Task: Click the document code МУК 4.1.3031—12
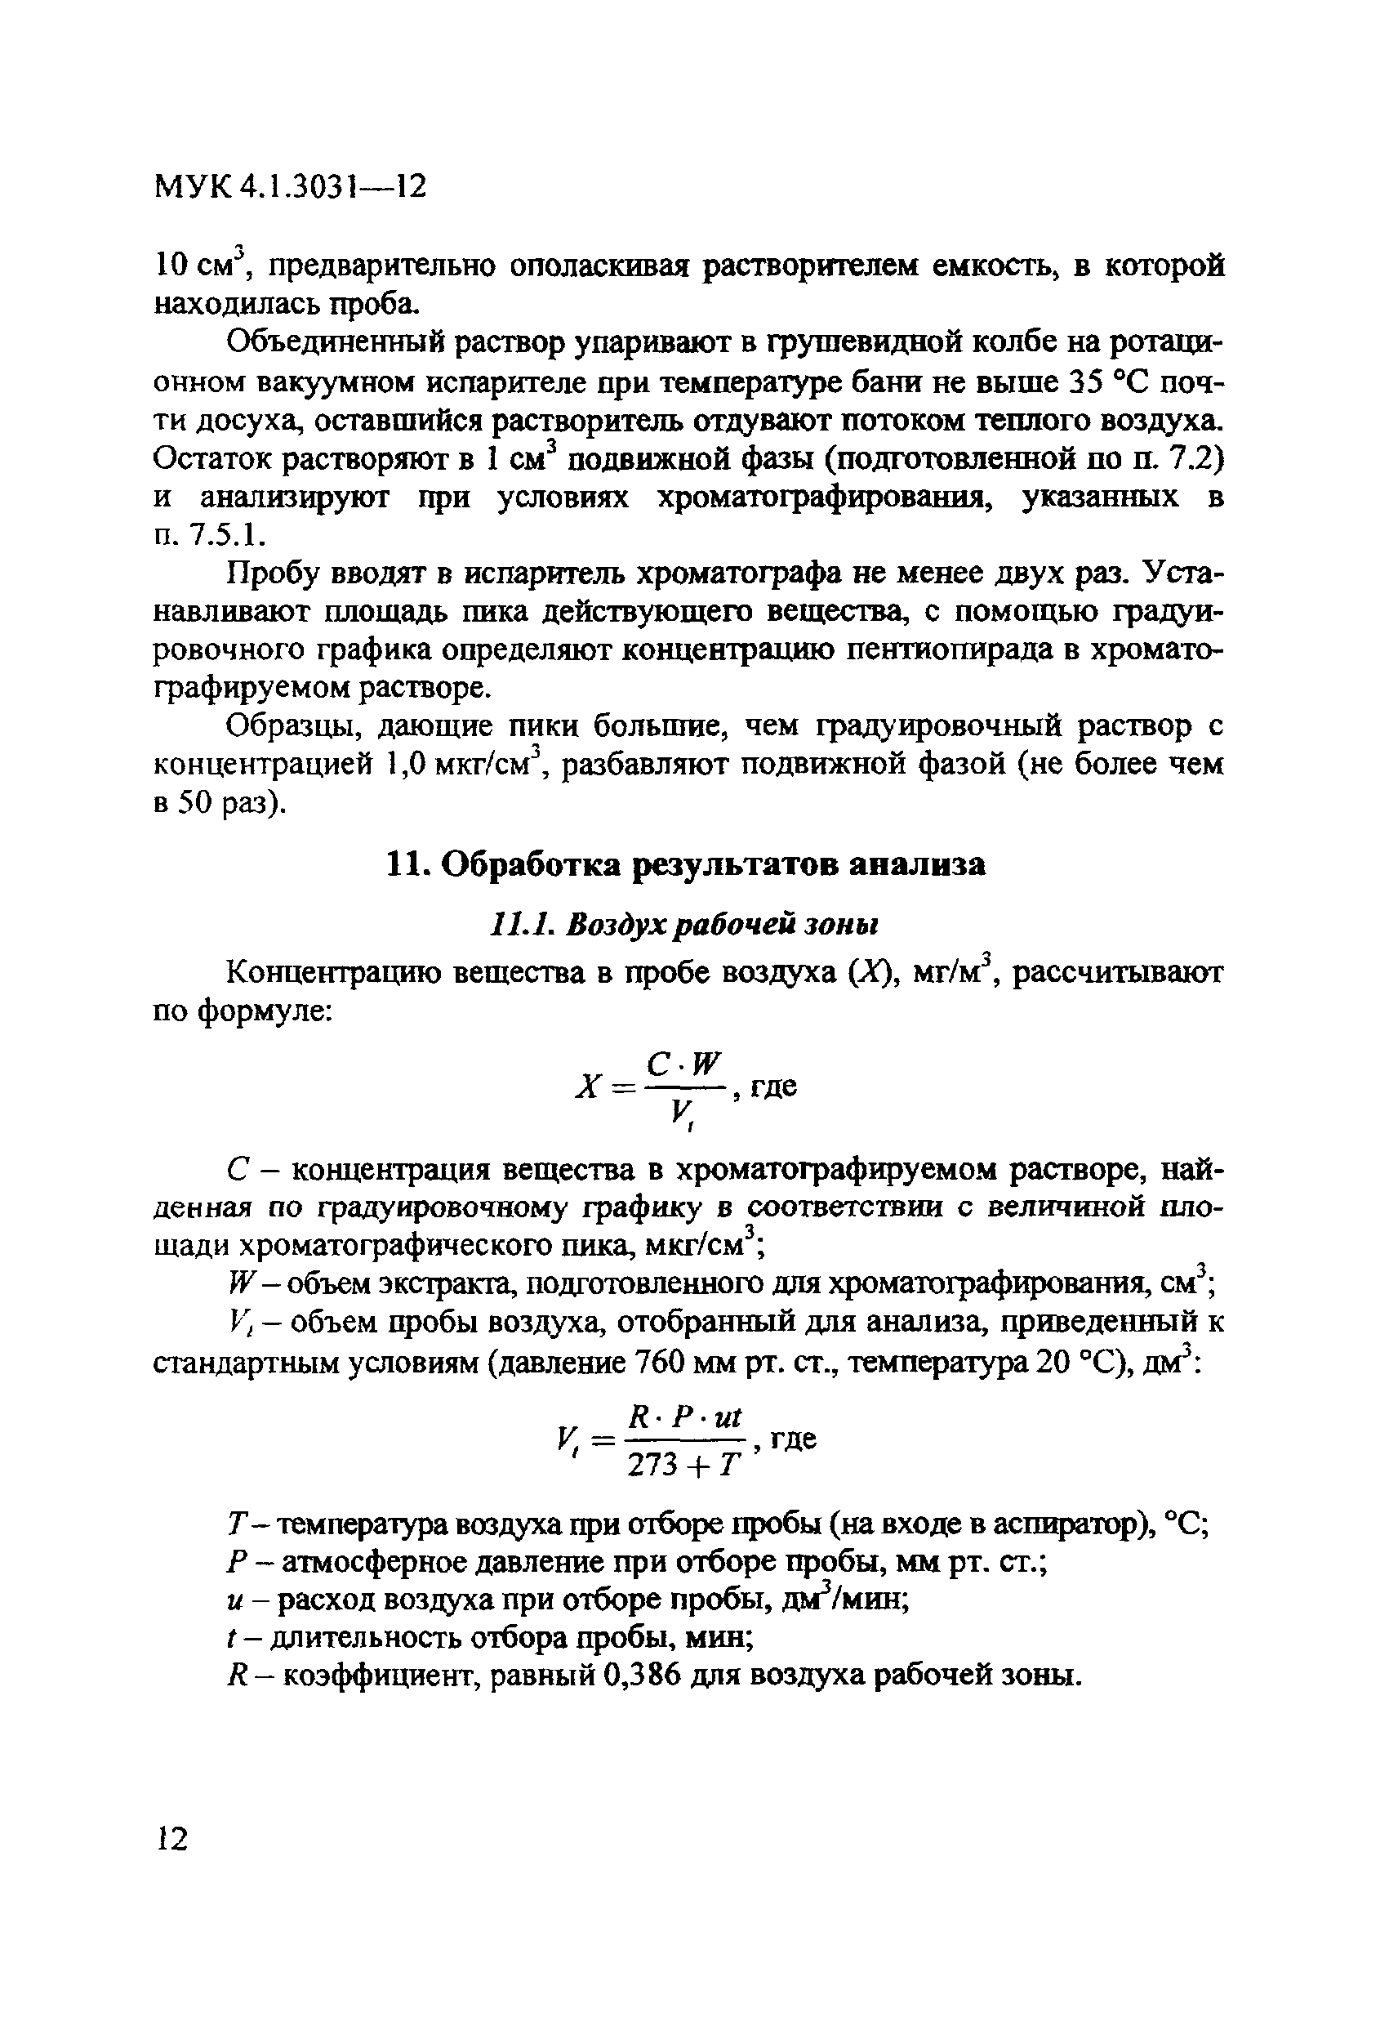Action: pos(290,185)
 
